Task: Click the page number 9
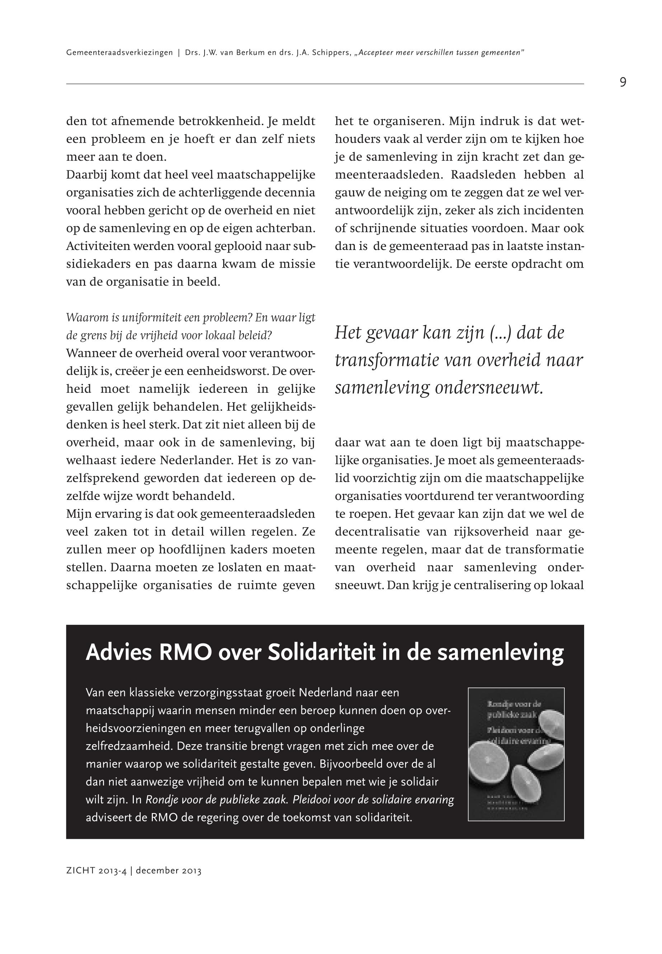click(623, 82)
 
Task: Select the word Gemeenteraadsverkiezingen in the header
click(119, 53)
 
